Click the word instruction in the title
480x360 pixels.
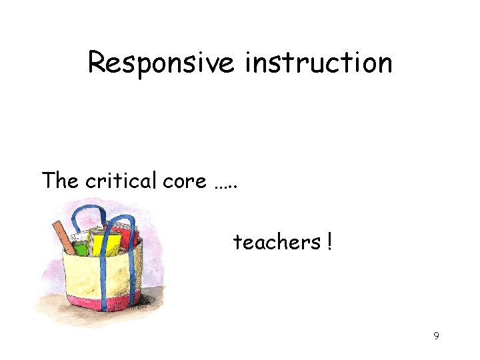tap(319, 63)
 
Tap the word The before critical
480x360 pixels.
tap(61, 181)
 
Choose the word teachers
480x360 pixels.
tap(277, 242)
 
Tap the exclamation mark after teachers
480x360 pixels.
tap(329, 242)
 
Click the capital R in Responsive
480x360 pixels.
tap(97, 63)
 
